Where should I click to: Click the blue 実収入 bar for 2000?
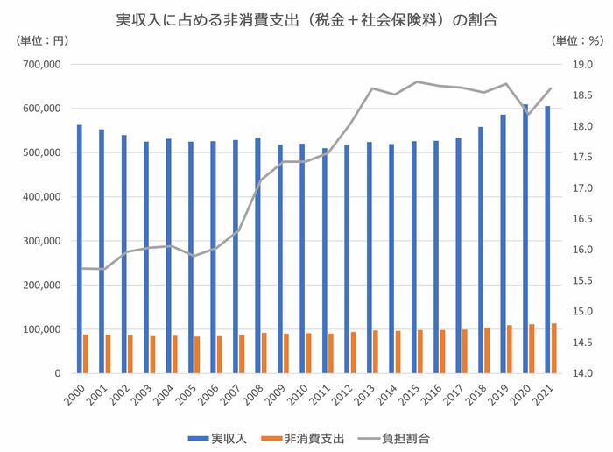point(79,249)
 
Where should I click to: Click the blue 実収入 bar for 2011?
point(324,260)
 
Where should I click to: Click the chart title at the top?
point(306,18)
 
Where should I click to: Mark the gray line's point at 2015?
point(416,81)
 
